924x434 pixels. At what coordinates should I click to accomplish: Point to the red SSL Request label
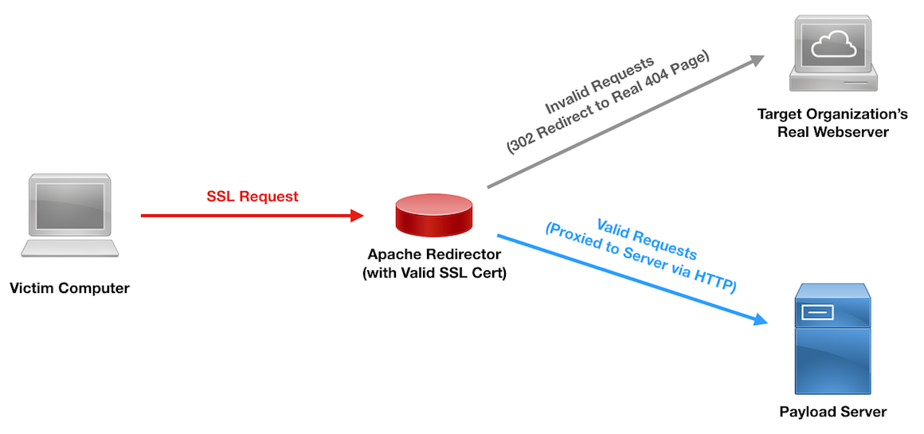pos(253,196)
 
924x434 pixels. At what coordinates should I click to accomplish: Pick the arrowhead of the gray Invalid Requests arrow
pos(757,60)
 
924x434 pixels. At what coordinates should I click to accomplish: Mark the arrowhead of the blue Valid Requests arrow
pos(760,320)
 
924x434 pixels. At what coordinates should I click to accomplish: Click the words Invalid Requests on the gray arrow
pos(600,84)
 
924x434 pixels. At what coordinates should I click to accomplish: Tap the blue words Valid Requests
pos(646,238)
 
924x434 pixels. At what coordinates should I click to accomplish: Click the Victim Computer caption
pos(69,287)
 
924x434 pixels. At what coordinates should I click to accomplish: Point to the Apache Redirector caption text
pos(434,255)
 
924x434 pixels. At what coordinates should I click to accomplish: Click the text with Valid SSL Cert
pos(434,273)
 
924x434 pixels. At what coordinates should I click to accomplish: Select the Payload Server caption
pos(832,412)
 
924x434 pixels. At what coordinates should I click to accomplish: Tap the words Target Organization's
pos(832,115)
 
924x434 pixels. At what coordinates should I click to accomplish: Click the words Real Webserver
pos(832,132)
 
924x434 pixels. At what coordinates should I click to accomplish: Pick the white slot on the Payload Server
pos(817,312)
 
